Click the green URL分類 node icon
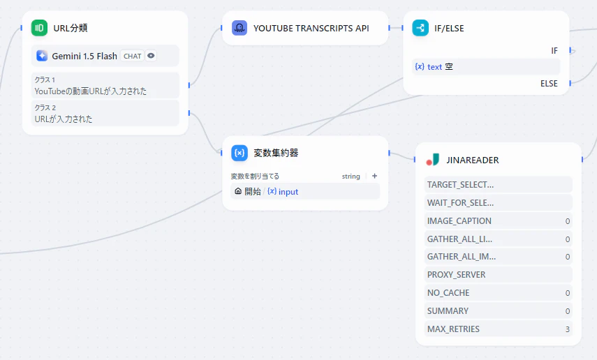point(39,28)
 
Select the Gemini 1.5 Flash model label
point(84,56)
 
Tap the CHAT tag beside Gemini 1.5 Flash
point(132,56)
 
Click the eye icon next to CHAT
point(151,56)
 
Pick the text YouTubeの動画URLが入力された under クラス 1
point(91,91)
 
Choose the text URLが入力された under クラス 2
point(64,119)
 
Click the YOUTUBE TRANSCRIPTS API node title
point(311,28)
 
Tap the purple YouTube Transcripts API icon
point(239,28)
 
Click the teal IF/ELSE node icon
point(420,28)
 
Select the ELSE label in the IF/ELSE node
point(549,83)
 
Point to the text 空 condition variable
point(434,66)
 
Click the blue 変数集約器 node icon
point(239,153)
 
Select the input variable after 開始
point(283,191)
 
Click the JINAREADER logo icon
point(432,160)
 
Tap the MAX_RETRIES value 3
point(567,329)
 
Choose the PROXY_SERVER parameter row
point(499,275)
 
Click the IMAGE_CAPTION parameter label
point(459,221)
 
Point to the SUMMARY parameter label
point(448,311)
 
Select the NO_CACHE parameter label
point(448,293)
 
